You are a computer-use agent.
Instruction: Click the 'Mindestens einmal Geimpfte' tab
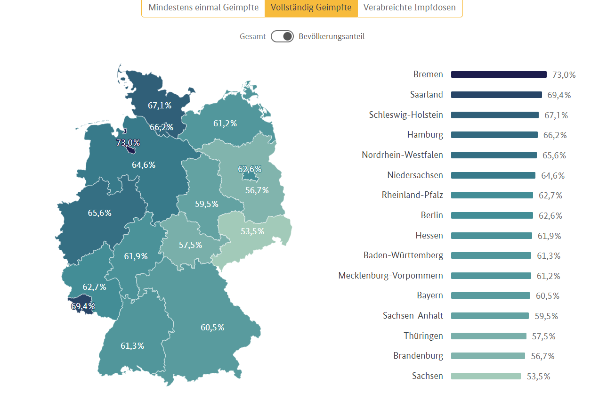tap(203, 8)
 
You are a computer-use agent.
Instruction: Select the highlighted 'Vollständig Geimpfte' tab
tap(311, 8)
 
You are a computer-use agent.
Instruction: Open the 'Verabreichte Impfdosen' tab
tap(410, 8)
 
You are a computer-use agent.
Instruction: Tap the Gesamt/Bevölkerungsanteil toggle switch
tap(282, 36)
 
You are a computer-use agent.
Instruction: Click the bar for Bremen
tap(499, 74)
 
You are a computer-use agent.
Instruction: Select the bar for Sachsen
tap(486, 376)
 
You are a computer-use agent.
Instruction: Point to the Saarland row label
tap(426, 95)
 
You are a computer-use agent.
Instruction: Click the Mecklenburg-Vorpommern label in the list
tap(390, 276)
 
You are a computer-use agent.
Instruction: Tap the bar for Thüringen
tap(488, 336)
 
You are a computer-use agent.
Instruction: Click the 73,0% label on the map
tap(128, 142)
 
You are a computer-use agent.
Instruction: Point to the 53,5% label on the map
tap(252, 231)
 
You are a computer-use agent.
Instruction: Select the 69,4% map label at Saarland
tap(83, 306)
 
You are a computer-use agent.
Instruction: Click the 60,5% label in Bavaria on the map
tap(212, 328)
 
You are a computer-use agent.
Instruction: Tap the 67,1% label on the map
tap(160, 106)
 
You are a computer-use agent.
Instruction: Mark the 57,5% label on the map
tap(190, 245)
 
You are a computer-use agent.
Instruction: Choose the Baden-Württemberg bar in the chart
tap(491, 255)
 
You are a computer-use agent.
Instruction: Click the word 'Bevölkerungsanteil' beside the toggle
tap(332, 36)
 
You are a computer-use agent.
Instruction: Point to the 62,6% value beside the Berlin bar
tap(550, 216)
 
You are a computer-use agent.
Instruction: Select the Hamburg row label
tap(425, 135)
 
